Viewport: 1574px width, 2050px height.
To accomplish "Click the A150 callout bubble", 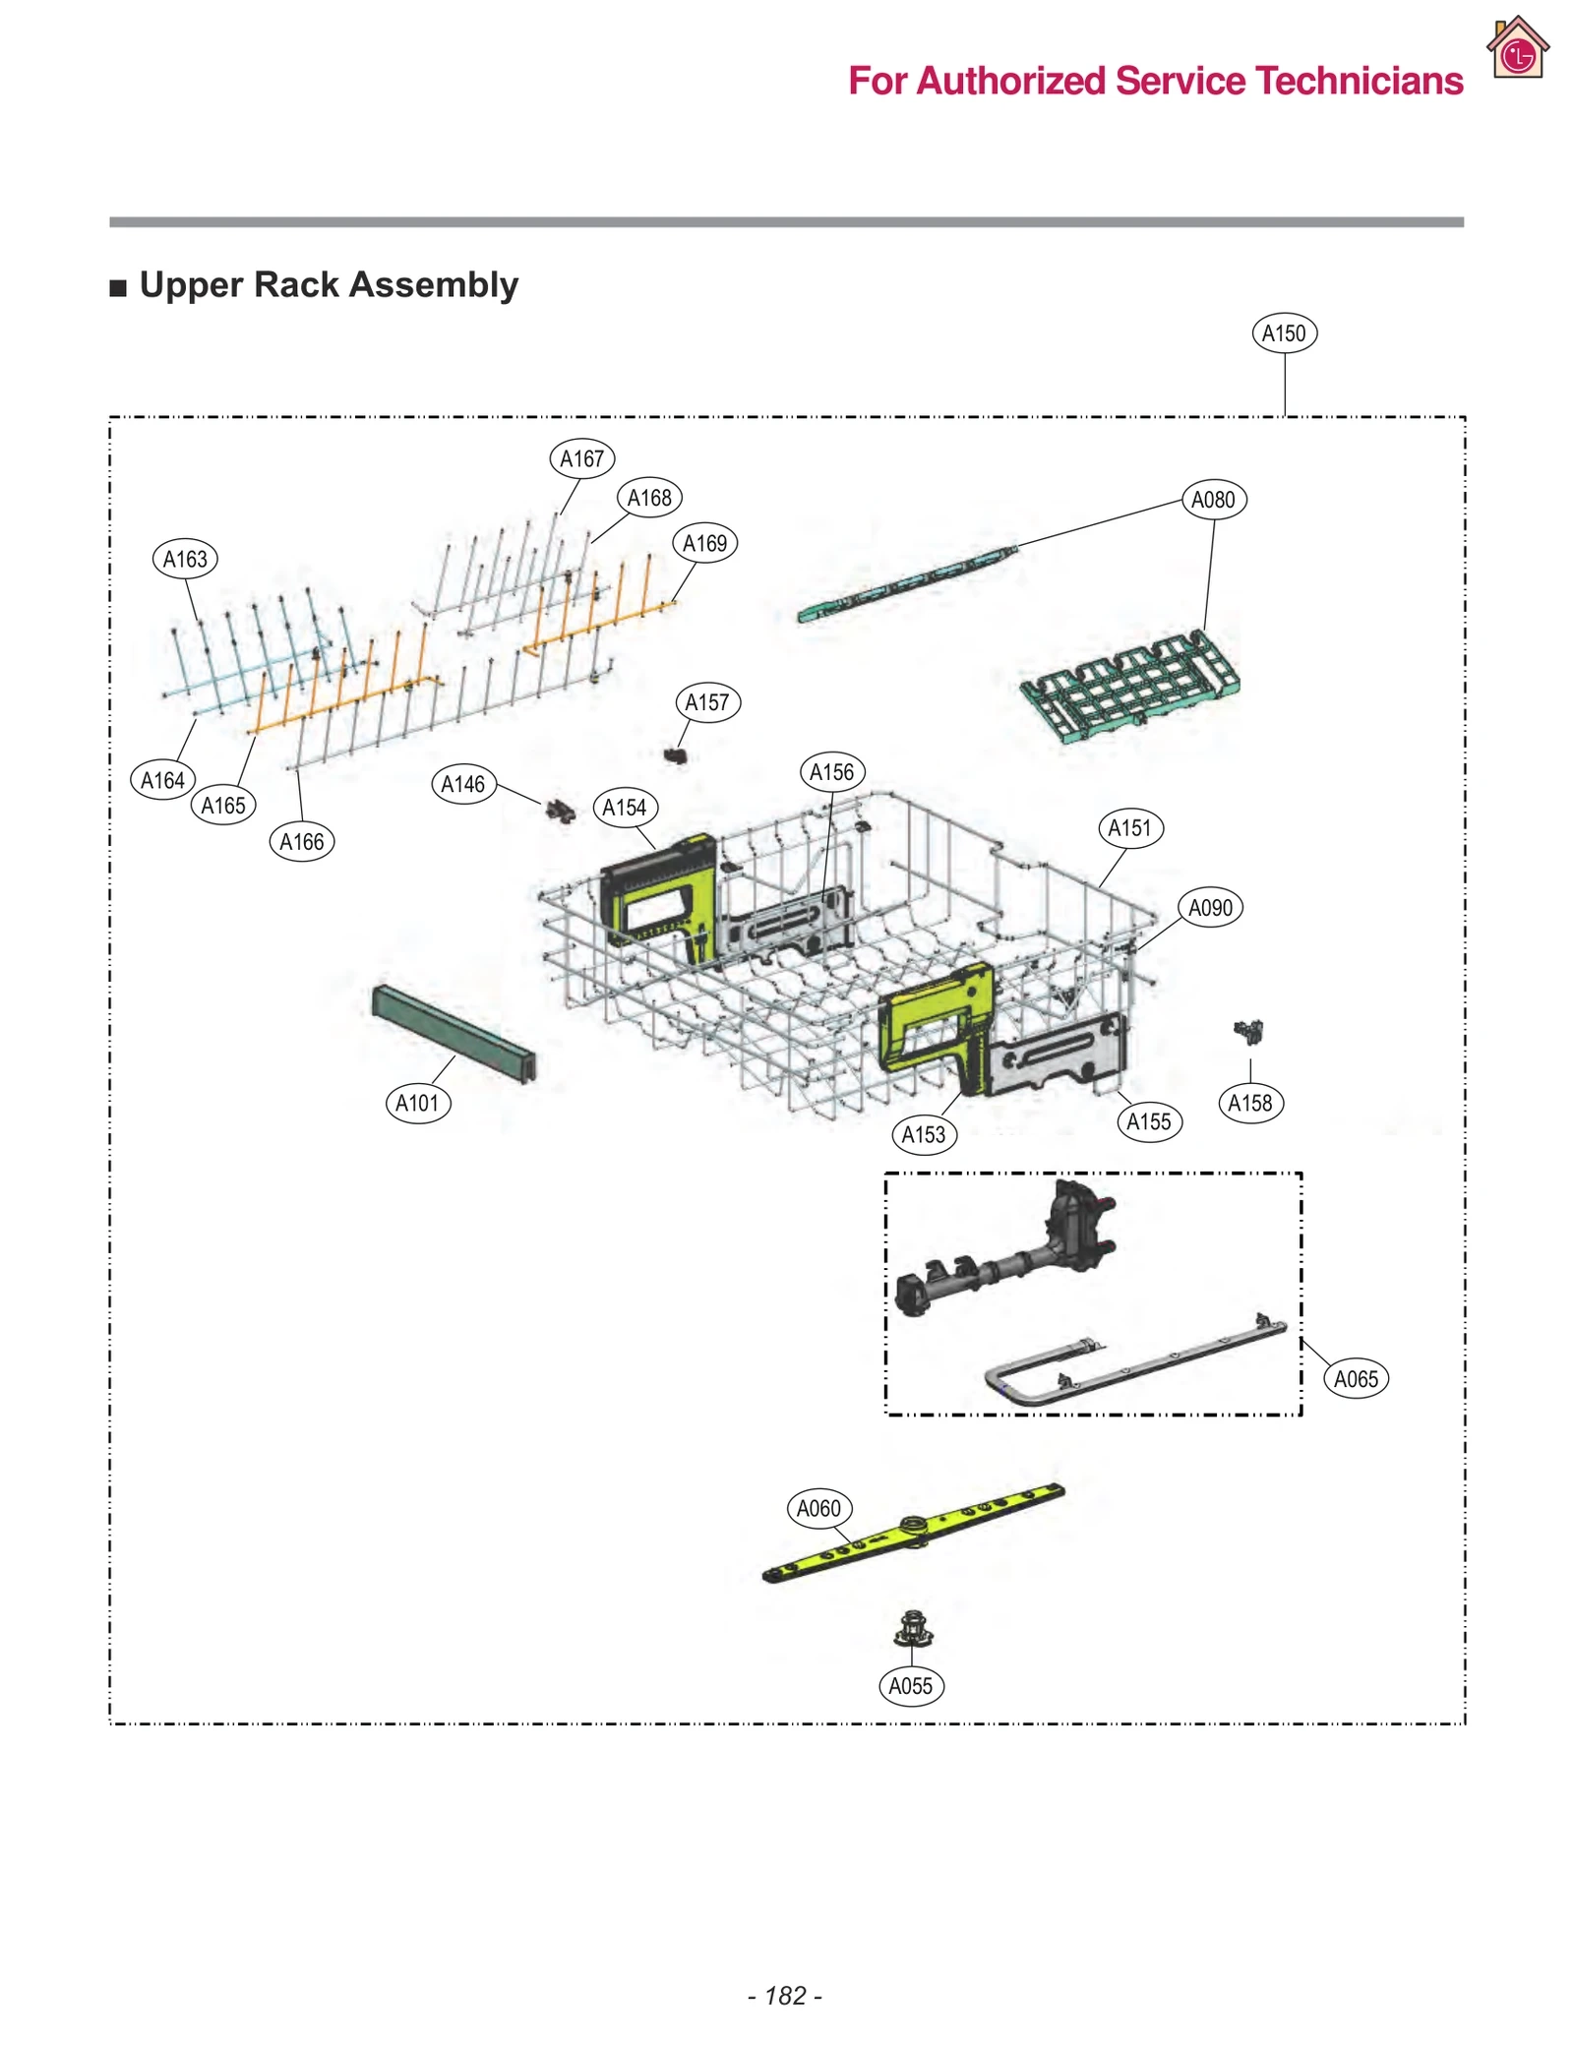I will click(x=1283, y=333).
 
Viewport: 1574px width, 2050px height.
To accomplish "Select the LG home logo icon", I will click(x=1517, y=48).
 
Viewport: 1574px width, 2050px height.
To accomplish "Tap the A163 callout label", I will click(x=185, y=560).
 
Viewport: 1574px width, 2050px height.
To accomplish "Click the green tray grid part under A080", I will click(x=1129, y=684).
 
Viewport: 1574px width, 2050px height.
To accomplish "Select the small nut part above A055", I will click(x=913, y=1630).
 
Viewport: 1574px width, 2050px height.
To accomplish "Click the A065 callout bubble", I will click(x=1355, y=1379).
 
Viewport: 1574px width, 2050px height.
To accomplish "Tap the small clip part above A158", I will click(x=1248, y=1031).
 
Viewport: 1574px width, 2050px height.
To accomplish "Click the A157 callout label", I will click(x=706, y=702).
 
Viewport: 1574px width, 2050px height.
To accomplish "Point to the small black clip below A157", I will click(x=675, y=755).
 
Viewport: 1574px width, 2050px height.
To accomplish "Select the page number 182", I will click(x=785, y=1995).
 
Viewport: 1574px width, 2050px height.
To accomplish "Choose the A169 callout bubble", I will click(x=704, y=543).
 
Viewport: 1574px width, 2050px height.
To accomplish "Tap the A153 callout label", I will click(x=923, y=1134).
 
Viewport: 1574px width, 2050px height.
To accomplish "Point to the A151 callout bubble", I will click(x=1128, y=828).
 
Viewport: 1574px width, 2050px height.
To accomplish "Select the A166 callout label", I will click(x=301, y=842).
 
